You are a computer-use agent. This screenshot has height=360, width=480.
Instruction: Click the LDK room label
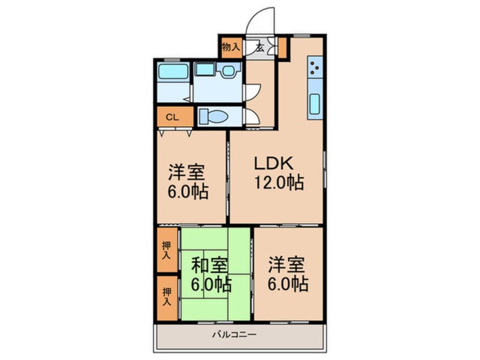click(273, 164)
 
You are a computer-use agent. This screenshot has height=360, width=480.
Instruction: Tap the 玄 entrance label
click(259, 47)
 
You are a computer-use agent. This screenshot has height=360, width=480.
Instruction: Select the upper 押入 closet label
click(166, 250)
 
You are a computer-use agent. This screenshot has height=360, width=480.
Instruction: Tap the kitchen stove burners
click(314, 69)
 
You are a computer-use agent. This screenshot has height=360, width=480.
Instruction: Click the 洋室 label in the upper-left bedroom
click(187, 171)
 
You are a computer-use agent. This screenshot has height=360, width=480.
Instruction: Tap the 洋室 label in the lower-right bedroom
click(286, 265)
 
